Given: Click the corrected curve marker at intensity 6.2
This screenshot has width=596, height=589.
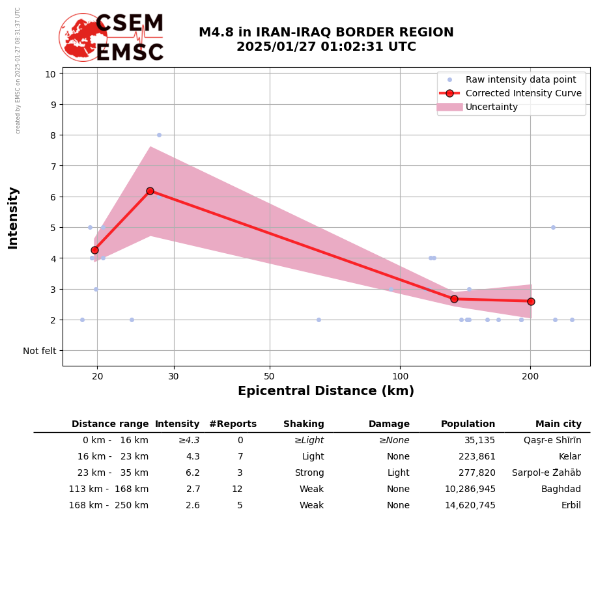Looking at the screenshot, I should pos(150,191).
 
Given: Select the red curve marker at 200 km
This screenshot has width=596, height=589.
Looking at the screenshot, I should pos(531,301).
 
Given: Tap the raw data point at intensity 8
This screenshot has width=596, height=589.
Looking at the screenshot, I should pos(159,135).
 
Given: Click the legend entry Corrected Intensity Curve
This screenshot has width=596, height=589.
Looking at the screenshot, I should pos(523,93).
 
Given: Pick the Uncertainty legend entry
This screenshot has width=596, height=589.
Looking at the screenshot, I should pos(491,107).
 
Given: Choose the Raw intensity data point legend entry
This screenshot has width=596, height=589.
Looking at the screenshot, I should pos(520,79).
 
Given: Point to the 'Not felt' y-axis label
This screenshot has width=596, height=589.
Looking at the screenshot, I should pos(40,351).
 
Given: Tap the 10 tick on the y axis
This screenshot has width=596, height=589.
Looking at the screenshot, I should pos(50,74).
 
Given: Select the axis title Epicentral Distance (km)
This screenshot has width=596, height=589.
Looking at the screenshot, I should pos(326,391).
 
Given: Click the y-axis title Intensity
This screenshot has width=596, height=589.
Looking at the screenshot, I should pos(13,217).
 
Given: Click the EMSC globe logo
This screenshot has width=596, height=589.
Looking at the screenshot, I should pos(83,37).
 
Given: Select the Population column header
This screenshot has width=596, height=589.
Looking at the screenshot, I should pos(468,424).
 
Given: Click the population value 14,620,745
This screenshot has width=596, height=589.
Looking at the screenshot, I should pos(470,506).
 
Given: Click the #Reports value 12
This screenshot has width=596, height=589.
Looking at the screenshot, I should pos(237,489).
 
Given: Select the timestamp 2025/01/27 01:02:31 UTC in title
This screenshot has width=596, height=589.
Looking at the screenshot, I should pos(326,47).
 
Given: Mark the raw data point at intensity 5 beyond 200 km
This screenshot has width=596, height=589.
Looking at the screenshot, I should pos(553,227).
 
